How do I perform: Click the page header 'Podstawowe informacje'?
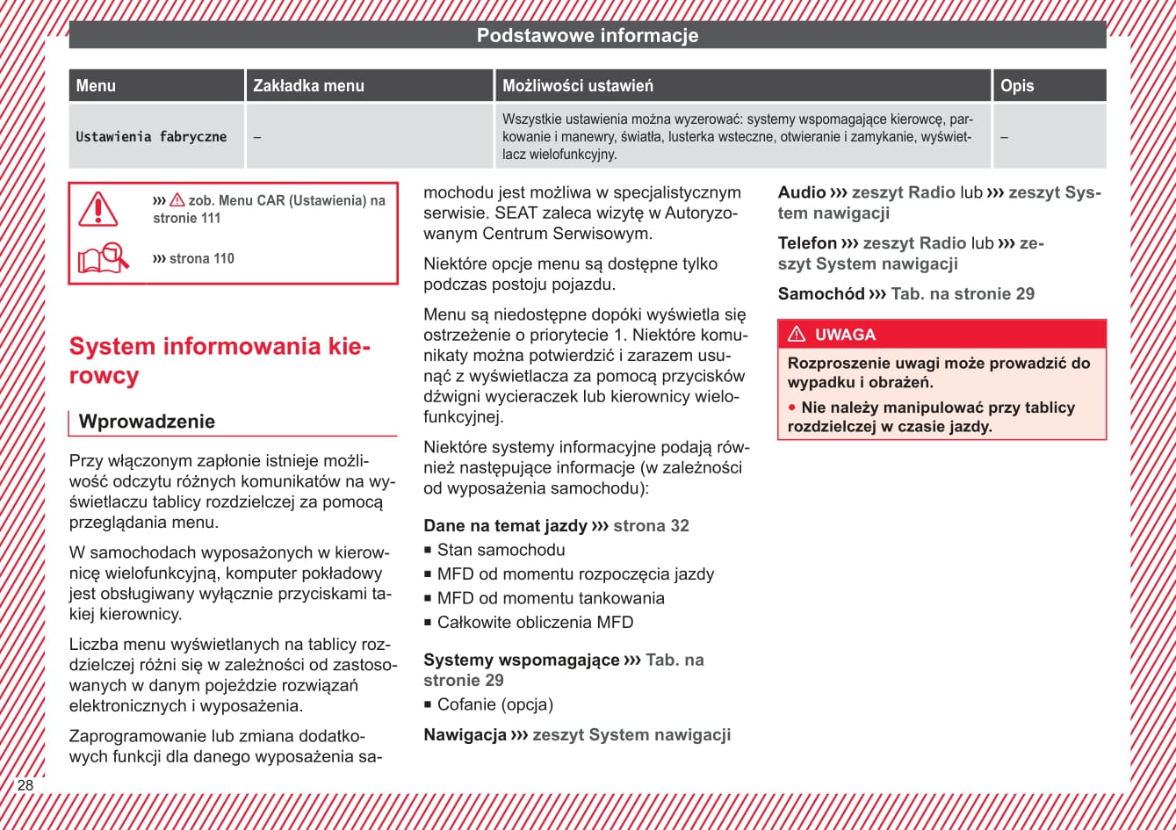588,36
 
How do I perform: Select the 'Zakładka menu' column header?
308,85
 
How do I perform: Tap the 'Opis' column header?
1017,85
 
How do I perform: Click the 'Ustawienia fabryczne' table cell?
151,137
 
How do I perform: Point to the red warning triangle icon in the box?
97,209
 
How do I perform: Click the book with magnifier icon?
103,258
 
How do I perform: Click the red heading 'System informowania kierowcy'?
220,360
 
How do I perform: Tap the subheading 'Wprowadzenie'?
147,422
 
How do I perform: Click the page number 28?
25,785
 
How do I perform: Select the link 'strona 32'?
651,526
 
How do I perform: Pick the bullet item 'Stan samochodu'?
501,550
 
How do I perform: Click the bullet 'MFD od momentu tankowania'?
551,598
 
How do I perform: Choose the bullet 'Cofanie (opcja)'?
494,704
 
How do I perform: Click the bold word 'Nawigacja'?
465,735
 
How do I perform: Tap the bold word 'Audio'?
802,192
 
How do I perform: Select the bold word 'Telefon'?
807,243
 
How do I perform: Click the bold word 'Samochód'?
821,294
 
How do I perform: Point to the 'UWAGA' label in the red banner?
845,335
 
